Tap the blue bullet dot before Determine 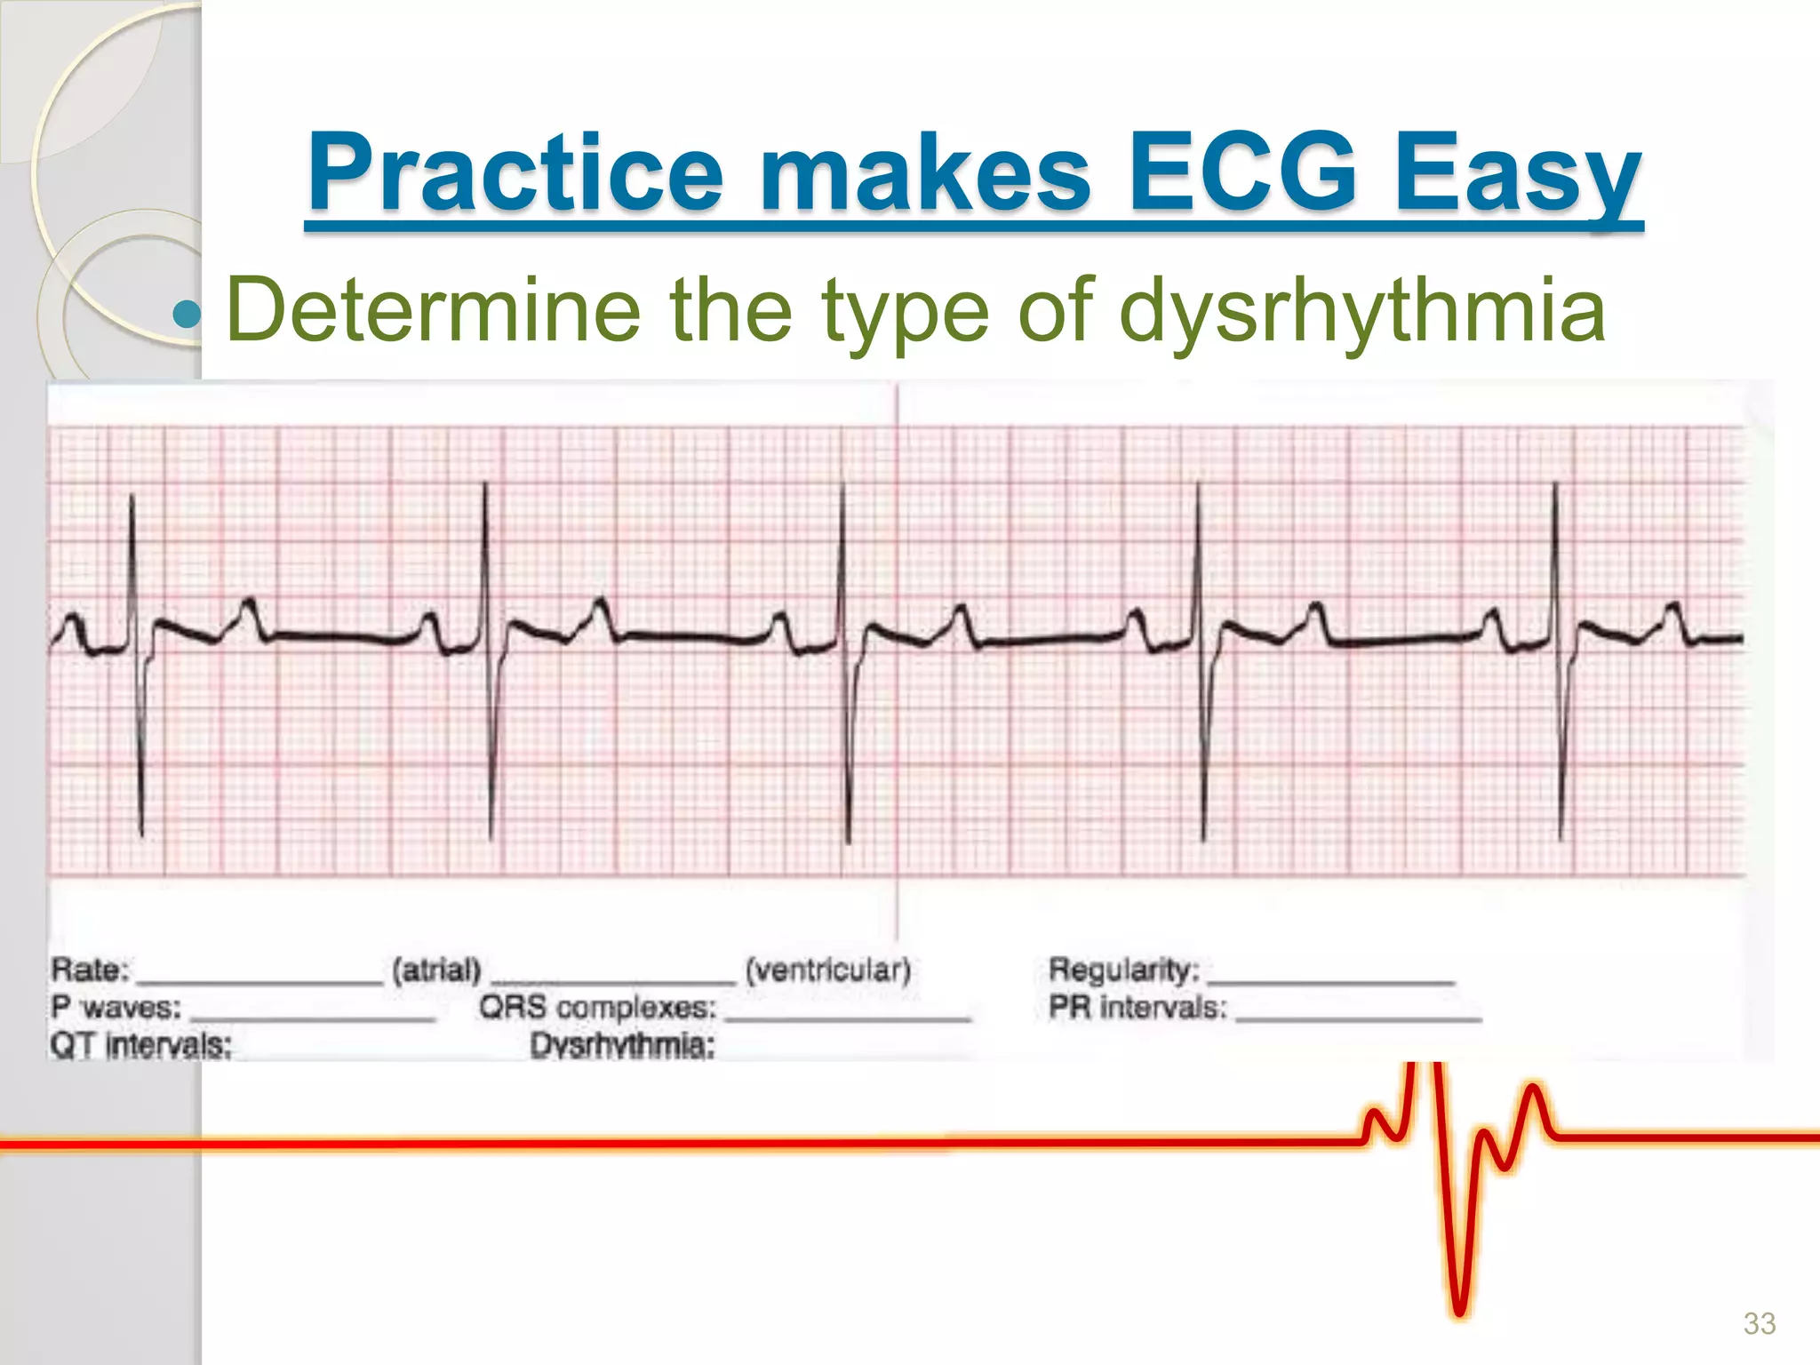click(x=188, y=314)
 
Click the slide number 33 click(x=1759, y=1323)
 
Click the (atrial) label click(x=436, y=970)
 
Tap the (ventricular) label click(x=827, y=970)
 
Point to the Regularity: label click(x=1124, y=970)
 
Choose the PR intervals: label click(x=1138, y=1008)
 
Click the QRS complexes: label click(x=597, y=1008)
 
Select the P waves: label click(x=116, y=1008)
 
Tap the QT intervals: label click(x=141, y=1045)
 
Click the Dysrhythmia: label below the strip click(x=622, y=1046)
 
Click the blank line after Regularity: click(x=1331, y=981)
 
